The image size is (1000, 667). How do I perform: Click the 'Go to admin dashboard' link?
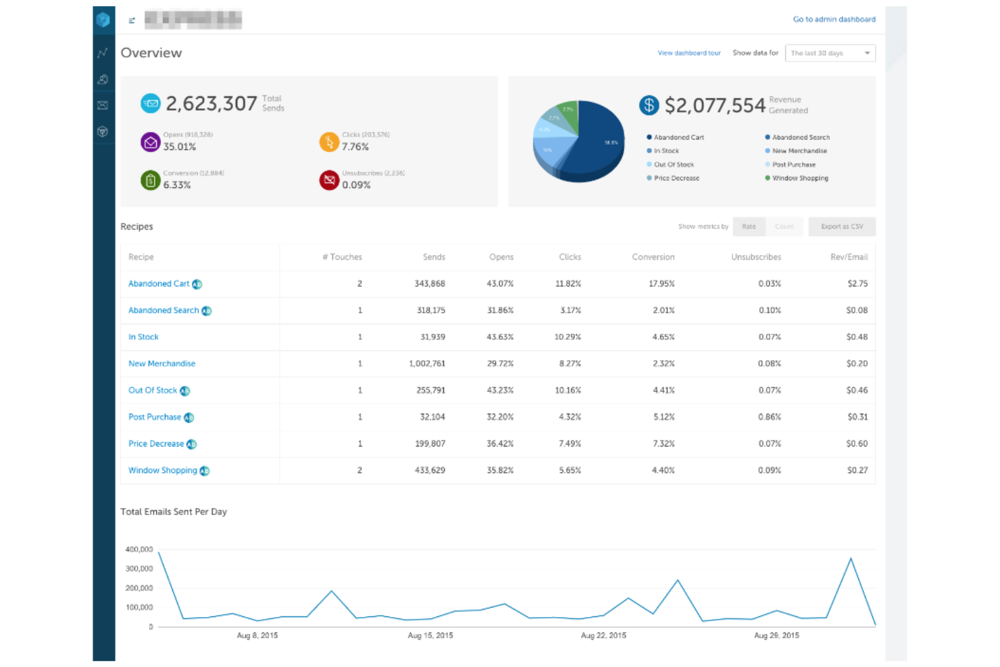[x=834, y=20]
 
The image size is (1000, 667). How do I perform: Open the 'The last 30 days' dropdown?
[x=830, y=53]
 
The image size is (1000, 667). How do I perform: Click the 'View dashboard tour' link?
[x=689, y=53]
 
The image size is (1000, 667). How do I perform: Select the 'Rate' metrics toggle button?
[x=749, y=227]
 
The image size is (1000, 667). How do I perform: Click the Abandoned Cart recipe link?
[x=159, y=284]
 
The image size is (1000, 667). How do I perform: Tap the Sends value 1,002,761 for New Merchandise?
[x=427, y=364]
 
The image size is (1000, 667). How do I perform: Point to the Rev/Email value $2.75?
[x=857, y=284]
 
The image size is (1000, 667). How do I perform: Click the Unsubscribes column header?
[x=755, y=257]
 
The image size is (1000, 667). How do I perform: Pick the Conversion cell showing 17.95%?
[x=661, y=284]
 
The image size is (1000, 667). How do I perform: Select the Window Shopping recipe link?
[x=163, y=470]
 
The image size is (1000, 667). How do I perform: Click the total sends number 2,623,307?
[x=211, y=104]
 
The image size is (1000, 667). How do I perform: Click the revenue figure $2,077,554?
[x=714, y=105]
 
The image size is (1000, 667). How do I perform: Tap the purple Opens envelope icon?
[x=150, y=143]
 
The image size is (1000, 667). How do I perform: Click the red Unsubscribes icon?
[x=329, y=180]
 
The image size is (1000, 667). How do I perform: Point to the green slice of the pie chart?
[x=570, y=115]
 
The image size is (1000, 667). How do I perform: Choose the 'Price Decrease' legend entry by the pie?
[x=676, y=178]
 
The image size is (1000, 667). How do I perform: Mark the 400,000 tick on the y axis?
[x=139, y=549]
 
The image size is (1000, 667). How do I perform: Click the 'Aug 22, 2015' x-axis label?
[x=603, y=636]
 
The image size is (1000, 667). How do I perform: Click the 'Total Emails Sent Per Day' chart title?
[x=174, y=512]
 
